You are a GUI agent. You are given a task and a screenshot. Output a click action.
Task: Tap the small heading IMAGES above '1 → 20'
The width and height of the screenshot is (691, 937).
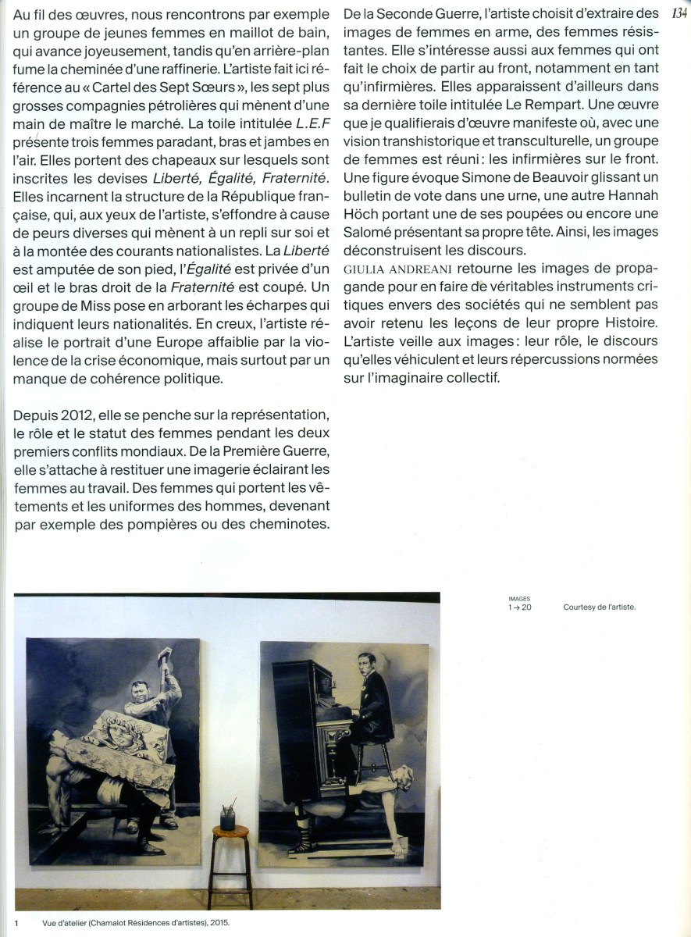[518, 599]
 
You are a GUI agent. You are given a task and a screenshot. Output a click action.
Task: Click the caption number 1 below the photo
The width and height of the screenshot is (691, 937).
[16, 922]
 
